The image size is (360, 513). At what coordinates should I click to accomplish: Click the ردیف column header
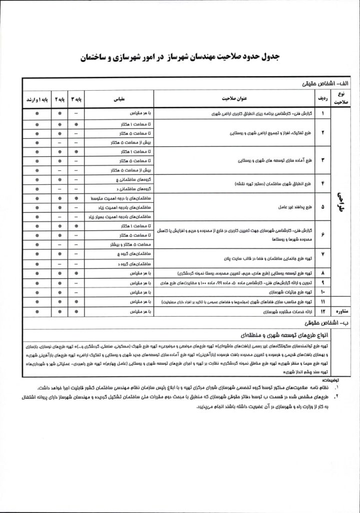point(323,99)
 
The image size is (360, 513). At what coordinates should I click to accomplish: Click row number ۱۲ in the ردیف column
point(323,312)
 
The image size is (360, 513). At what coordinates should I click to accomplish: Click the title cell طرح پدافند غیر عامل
point(293,207)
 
